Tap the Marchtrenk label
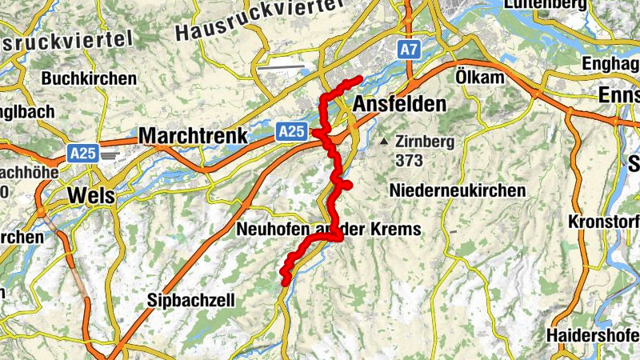pos(193,136)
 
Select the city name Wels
pos(90,195)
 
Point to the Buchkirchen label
pos(89,79)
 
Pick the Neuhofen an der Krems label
pos(329,230)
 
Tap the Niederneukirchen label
pos(458,190)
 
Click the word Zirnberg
pos(425,142)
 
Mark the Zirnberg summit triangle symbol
pos(386,142)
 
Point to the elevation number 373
pos(408,160)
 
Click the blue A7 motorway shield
pos(410,50)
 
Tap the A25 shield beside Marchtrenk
pos(292,131)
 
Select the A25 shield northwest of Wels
pos(82,152)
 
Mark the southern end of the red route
pos(285,280)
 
